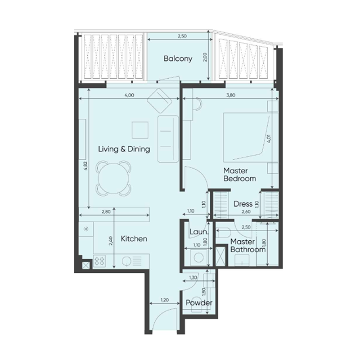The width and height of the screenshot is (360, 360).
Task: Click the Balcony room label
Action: (x=178, y=58)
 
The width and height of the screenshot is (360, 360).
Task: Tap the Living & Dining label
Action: (x=124, y=149)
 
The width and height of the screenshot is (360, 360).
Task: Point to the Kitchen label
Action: (x=134, y=239)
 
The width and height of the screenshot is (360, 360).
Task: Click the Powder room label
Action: (x=199, y=303)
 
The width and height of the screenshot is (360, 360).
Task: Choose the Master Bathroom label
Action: (x=247, y=246)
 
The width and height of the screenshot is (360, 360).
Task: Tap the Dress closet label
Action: (x=243, y=204)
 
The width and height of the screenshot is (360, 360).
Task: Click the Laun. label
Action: (x=198, y=233)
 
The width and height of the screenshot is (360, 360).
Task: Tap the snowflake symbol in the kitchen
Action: (x=85, y=228)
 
